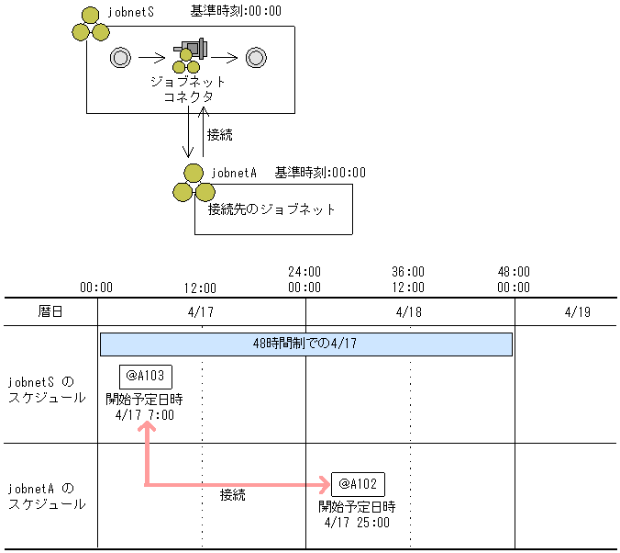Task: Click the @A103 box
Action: pos(146,376)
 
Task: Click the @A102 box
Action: pos(359,484)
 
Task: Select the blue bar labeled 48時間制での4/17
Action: pos(305,344)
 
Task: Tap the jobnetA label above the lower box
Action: pos(234,172)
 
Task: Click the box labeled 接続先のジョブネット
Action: pos(273,209)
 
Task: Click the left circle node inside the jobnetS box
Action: pos(119,58)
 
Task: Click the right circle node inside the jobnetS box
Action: pos(255,58)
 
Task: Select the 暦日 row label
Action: pos(50,311)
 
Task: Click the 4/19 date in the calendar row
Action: pos(577,311)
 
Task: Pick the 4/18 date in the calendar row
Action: pos(409,311)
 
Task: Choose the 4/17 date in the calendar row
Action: pos(201,311)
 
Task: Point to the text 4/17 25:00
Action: pos(357,523)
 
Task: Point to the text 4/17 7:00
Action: pos(145,415)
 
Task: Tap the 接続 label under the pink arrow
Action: pos(233,495)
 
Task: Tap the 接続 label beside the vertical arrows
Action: pos(220,134)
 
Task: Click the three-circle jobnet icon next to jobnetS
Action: pos(91,25)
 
